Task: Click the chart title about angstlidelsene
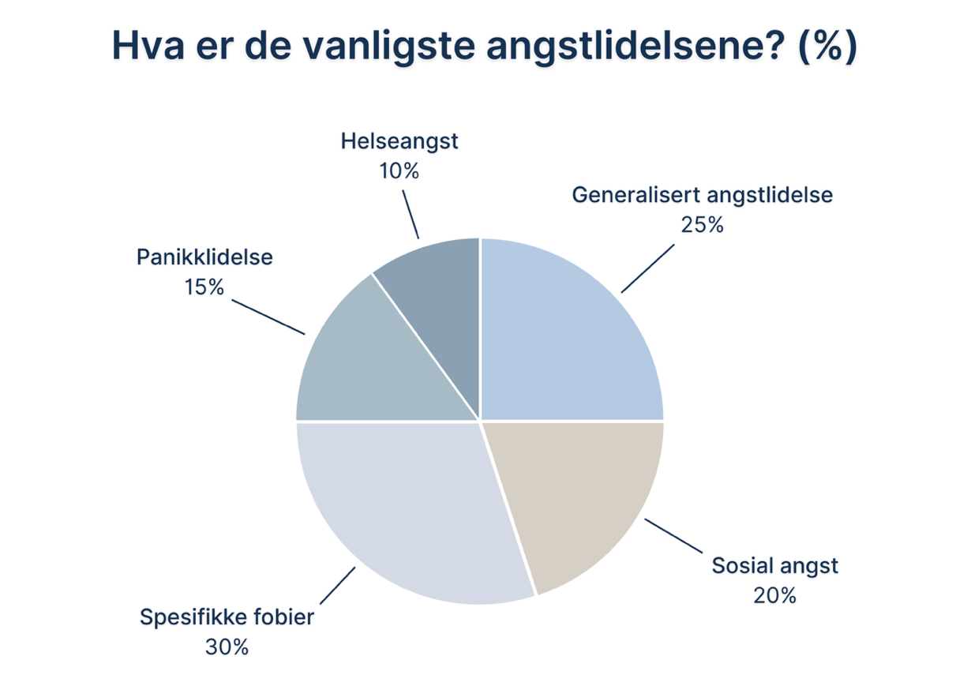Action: pyautogui.click(x=484, y=47)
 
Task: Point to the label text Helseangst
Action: pyautogui.click(x=399, y=142)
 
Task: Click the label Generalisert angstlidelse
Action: pyautogui.click(x=702, y=195)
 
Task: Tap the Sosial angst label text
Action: pyautogui.click(x=774, y=565)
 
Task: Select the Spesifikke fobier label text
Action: pyautogui.click(x=227, y=617)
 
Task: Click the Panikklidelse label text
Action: pyautogui.click(x=204, y=257)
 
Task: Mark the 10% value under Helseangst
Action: pyautogui.click(x=399, y=171)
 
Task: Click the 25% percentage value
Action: pyautogui.click(x=702, y=224)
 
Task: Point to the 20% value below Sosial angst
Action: pyautogui.click(x=774, y=594)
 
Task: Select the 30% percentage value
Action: pyautogui.click(x=227, y=647)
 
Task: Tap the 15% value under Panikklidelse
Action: pyautogui.click(x=204, y=287)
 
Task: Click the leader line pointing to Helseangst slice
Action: pyautogui.click(x=410, y=212)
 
